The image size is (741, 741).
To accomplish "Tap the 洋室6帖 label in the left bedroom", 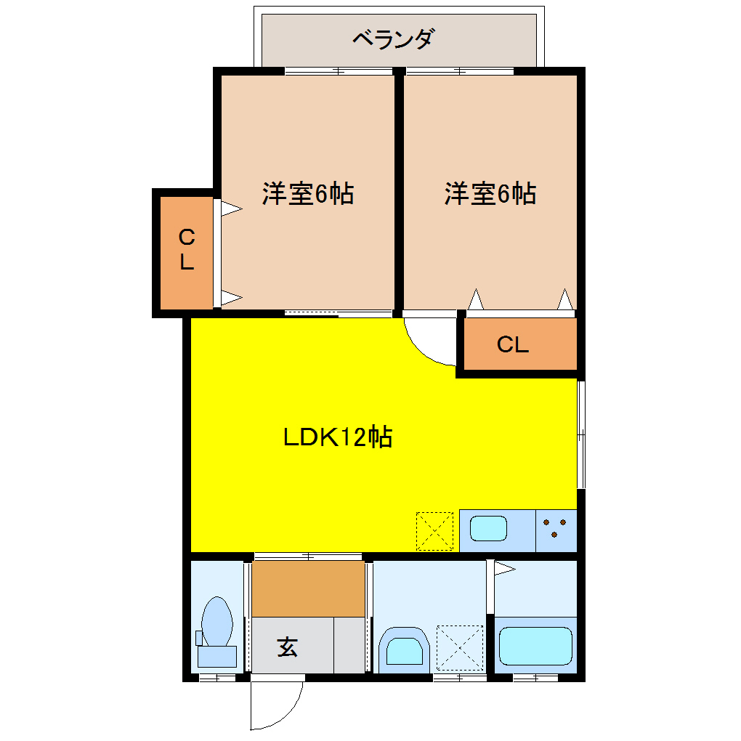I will click(x=308, y=194).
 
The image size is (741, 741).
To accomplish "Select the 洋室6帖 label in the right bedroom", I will click(x=490, y=194).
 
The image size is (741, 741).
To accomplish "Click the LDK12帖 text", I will click(x=338, y=437).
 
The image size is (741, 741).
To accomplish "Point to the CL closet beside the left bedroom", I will click(x=187, y=249).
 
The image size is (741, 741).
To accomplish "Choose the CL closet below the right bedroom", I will click(x=513, y=345).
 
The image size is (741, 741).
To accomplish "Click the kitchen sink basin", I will click(x=488, y=528).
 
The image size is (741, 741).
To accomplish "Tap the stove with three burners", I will click(x=556, y=528).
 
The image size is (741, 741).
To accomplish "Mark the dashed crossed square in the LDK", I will click(x=434, y=531).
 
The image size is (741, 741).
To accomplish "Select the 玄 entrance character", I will click(x=288, y=646).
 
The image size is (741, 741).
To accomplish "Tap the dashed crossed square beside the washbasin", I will click(x=459, y=647).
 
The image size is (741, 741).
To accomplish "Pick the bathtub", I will click(x=536, y=647).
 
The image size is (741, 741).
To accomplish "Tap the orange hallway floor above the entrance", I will click(x=308, y=588).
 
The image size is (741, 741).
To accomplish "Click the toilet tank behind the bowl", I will click(x=217, y=656).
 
